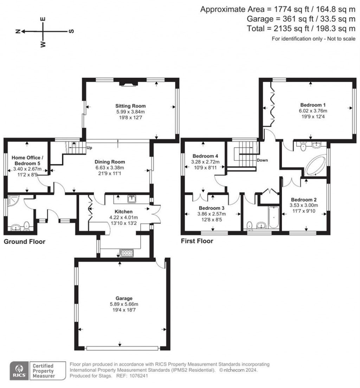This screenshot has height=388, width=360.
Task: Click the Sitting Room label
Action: [130, 106]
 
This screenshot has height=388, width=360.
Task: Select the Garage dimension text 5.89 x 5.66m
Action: [121, 304]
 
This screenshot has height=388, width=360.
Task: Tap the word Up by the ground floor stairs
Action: [89, 148]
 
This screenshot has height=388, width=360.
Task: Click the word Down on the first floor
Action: [262, 160]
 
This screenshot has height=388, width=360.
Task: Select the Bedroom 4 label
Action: [205, 156]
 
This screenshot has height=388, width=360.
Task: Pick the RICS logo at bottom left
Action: [18, 371]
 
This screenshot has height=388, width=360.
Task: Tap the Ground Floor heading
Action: [24, 242]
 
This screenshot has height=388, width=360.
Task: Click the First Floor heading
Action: [197, 241]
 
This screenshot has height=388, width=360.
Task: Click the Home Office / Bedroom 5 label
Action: [27, 160]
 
